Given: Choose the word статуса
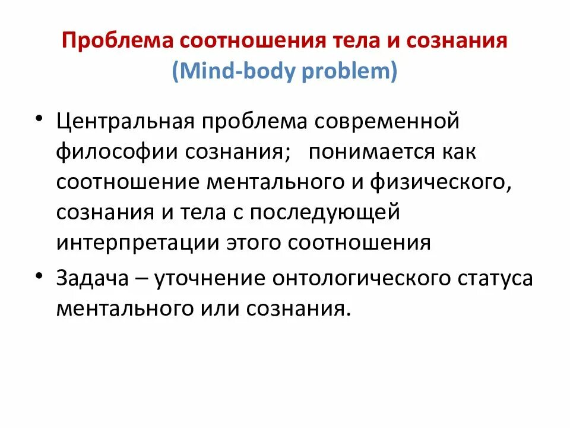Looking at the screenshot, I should (496, 278).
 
